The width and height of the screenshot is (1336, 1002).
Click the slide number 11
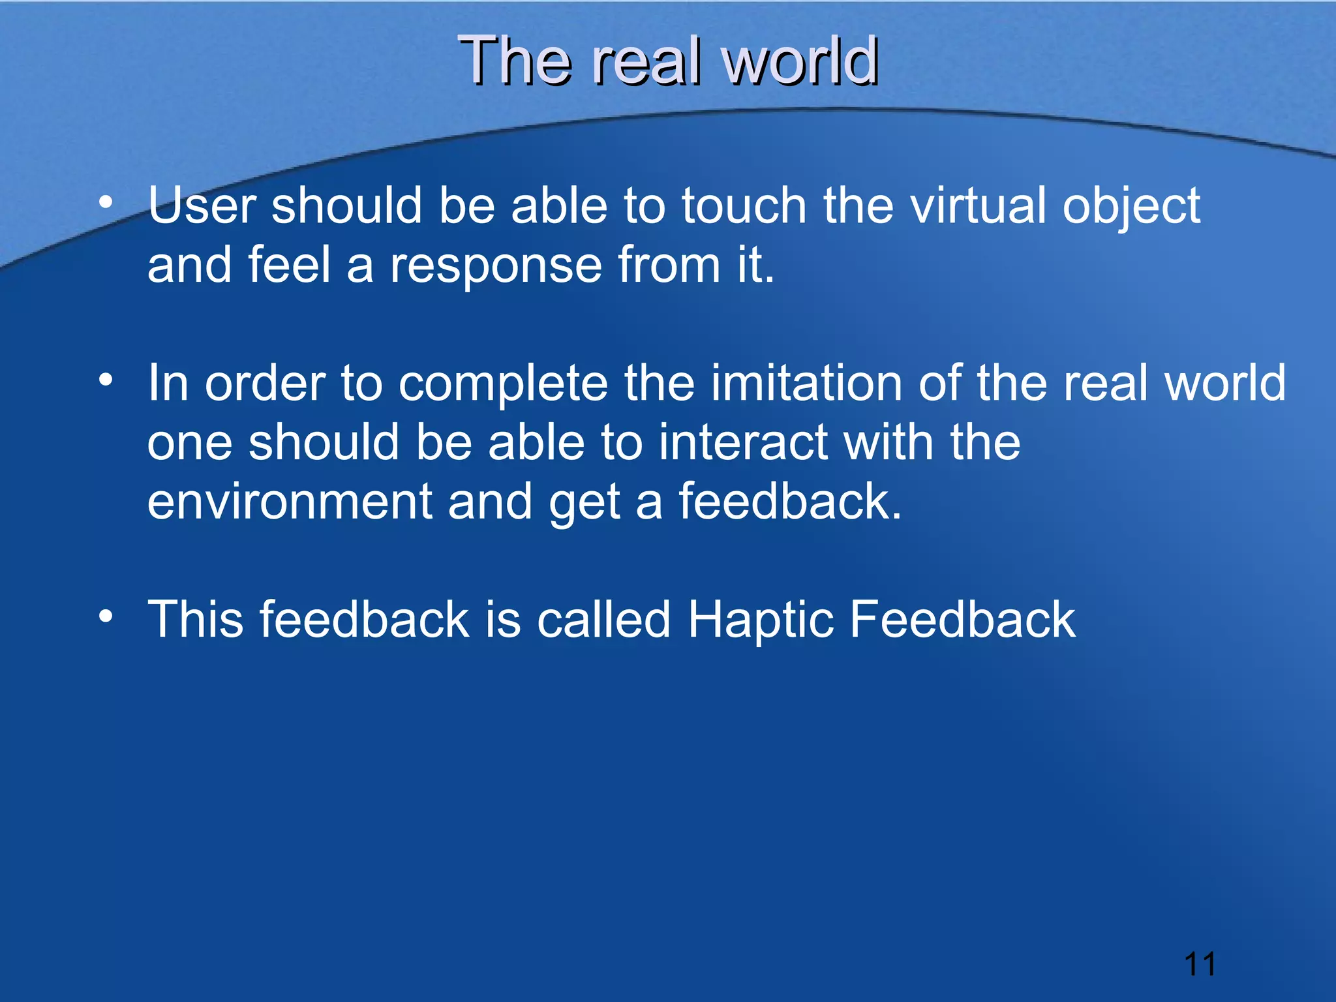pyautogui.click(x=1200, y=964)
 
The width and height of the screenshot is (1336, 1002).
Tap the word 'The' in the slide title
pyautogui.click(x=515, y=61)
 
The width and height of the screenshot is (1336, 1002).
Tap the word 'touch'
pyautogui.click(x=744, y=206)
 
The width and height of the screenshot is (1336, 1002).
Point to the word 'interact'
pyautogui.click(x=743, y=442)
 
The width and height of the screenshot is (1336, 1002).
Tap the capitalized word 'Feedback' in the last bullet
pyautogui.click(x=962, y=620)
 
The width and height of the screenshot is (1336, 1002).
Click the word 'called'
pyautogui.click(x=604, y=620)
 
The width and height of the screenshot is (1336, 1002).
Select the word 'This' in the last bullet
pyautogui.click(x=195, y=620)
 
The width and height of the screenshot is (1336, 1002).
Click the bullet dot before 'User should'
pyautogui.click(x=106, y=202)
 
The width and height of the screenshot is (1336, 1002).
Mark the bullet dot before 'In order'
pyautogui.click(x=106, y=379)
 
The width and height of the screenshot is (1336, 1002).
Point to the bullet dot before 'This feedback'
pyautogui.click(x=106, y=615)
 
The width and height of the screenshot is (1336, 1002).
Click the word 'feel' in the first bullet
pyautogui.click(x=290, y=266)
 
